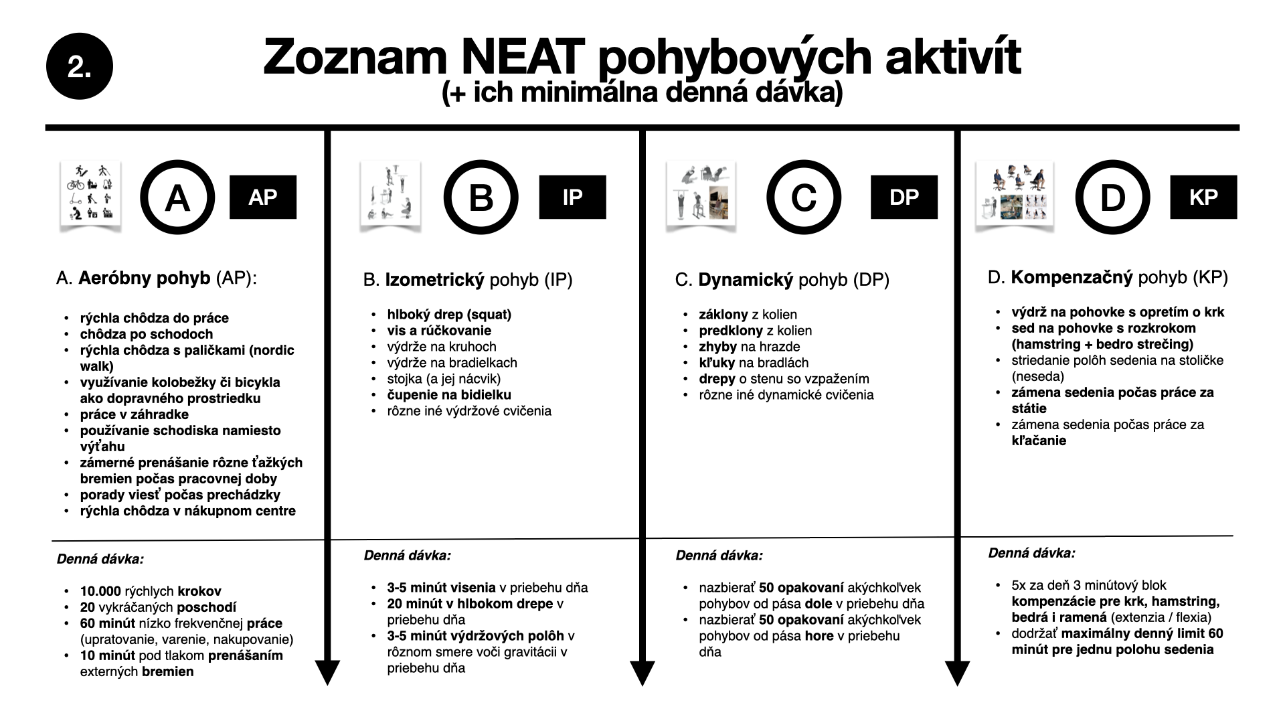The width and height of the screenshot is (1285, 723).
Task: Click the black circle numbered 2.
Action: pyautogui.click(x=79, y=66)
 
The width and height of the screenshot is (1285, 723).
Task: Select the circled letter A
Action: pyautogui.click(x=177, y=197)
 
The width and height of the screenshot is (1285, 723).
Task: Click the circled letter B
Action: pyautogui.click(x=481, y=197)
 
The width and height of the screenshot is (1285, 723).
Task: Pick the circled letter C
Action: pyautogui.click(x=804, y=197)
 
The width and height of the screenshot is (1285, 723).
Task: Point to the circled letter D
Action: pyautogui.click(x=1112, y=197)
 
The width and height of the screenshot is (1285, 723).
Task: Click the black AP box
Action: pyautogui.click(x=263, y=197)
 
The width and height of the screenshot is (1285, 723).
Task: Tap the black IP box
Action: pyautogui.click(x=572, y=197)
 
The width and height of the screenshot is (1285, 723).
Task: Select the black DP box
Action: pyautogui.click(x=904, y=197)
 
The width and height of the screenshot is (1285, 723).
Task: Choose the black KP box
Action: pyautogui.click(x=1203, y=197)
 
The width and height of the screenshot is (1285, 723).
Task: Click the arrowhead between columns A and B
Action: pyautogui.click(x=327, y=671)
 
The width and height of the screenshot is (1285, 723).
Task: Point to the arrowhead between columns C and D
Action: pyautogui.click(x=957, y=671)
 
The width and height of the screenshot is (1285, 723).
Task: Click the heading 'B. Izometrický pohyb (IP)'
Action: pyautogui.click(x=468, y=280)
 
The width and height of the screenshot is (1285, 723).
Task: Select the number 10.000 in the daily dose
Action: pyautogui.click(x=100, y=591)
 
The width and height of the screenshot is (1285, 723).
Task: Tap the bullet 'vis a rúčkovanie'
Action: pyautogui.click(x=439, y=331)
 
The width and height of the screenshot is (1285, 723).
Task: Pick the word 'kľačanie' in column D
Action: pyautogui.click(x=1039, y=440)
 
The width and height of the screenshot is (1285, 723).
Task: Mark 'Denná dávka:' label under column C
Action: pyautogui.click(x=719, y=555)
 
